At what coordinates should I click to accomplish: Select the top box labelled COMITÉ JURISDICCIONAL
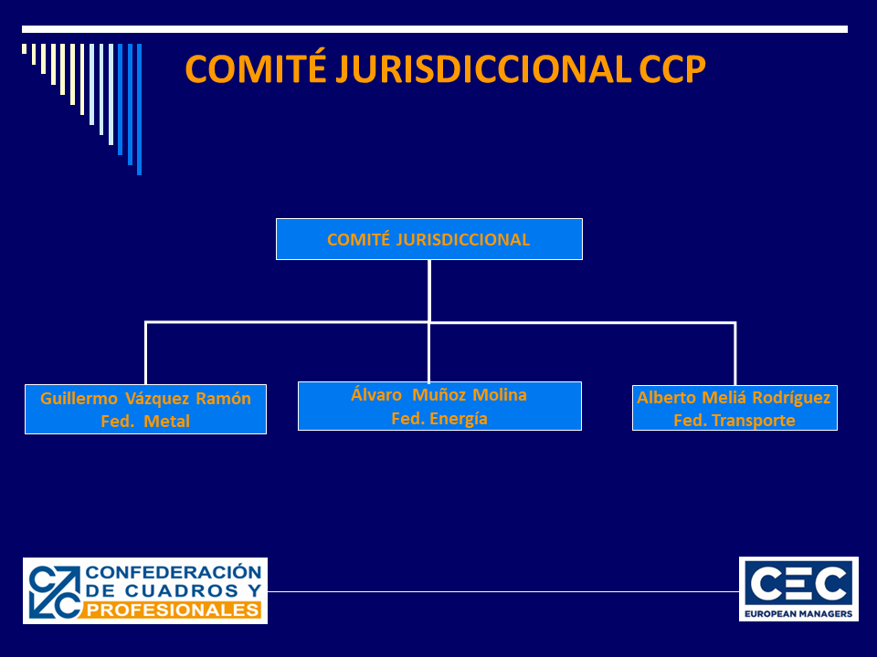point(428,239)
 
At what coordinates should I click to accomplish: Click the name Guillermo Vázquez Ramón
point(145,399)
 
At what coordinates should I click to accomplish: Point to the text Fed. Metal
point(145,421)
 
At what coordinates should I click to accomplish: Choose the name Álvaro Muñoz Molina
point(439,395)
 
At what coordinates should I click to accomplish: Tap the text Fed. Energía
point(439,419)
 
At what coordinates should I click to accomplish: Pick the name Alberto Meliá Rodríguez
point(734,398)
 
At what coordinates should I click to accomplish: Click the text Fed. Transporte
point(734,421)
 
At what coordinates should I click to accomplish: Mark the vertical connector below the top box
point(428,290)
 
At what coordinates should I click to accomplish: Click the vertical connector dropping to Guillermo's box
point(145,352)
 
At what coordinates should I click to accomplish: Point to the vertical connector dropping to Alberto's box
point(734,353)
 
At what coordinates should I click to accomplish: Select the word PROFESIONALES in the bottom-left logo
point(174,610)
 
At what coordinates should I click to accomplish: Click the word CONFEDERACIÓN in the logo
point(174,572)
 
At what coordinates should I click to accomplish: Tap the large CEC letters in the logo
point(798,581)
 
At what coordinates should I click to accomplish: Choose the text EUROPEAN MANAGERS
point(798,614)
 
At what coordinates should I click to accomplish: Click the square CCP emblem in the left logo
point(55,590)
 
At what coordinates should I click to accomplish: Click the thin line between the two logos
point(502,591)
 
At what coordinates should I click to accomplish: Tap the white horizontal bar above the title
point(435,29)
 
